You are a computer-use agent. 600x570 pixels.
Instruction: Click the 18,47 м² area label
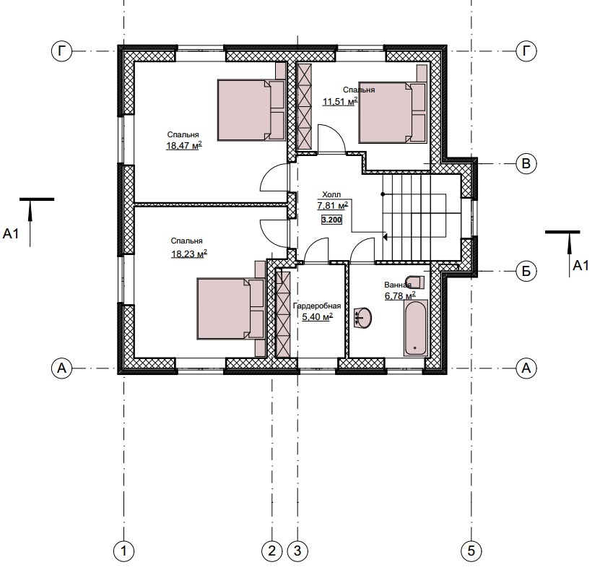[x=184, y=145]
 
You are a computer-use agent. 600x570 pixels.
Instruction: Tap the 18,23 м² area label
[x=189, y=254]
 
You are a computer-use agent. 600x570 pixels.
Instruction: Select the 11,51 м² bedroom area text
[x=341, y=101]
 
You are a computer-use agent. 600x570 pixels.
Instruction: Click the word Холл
[x=331, y=194]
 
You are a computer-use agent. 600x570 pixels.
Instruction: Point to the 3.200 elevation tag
[x=331, y=220]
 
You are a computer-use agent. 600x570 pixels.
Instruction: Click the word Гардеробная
[x=317, y=306]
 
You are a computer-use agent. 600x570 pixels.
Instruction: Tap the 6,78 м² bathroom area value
[x=400, y=296]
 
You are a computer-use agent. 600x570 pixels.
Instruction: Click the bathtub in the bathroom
[x=416, y=329]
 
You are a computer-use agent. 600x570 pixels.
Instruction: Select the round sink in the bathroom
[x=362, y=317]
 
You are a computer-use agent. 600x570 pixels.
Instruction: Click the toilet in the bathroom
[x=417, y=281]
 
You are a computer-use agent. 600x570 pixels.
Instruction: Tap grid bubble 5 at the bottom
[x=471, y=551]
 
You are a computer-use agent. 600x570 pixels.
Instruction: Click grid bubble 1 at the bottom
[x=124, y=551]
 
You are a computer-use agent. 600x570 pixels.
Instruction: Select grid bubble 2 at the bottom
[x=272, y=551]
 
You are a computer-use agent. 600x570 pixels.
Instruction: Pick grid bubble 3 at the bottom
[x=297, y=551]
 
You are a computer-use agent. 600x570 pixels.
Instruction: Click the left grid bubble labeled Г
[x=61, y=51]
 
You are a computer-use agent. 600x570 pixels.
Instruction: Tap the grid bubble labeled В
[x=526, y=164]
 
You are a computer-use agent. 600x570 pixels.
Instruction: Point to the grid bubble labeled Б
[x=526, y=271]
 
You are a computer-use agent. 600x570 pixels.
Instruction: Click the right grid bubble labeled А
[x=526, y=368]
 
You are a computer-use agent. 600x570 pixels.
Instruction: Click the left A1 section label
[x=11, y=233]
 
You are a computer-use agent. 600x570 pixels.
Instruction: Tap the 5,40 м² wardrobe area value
[x=317, y=317]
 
